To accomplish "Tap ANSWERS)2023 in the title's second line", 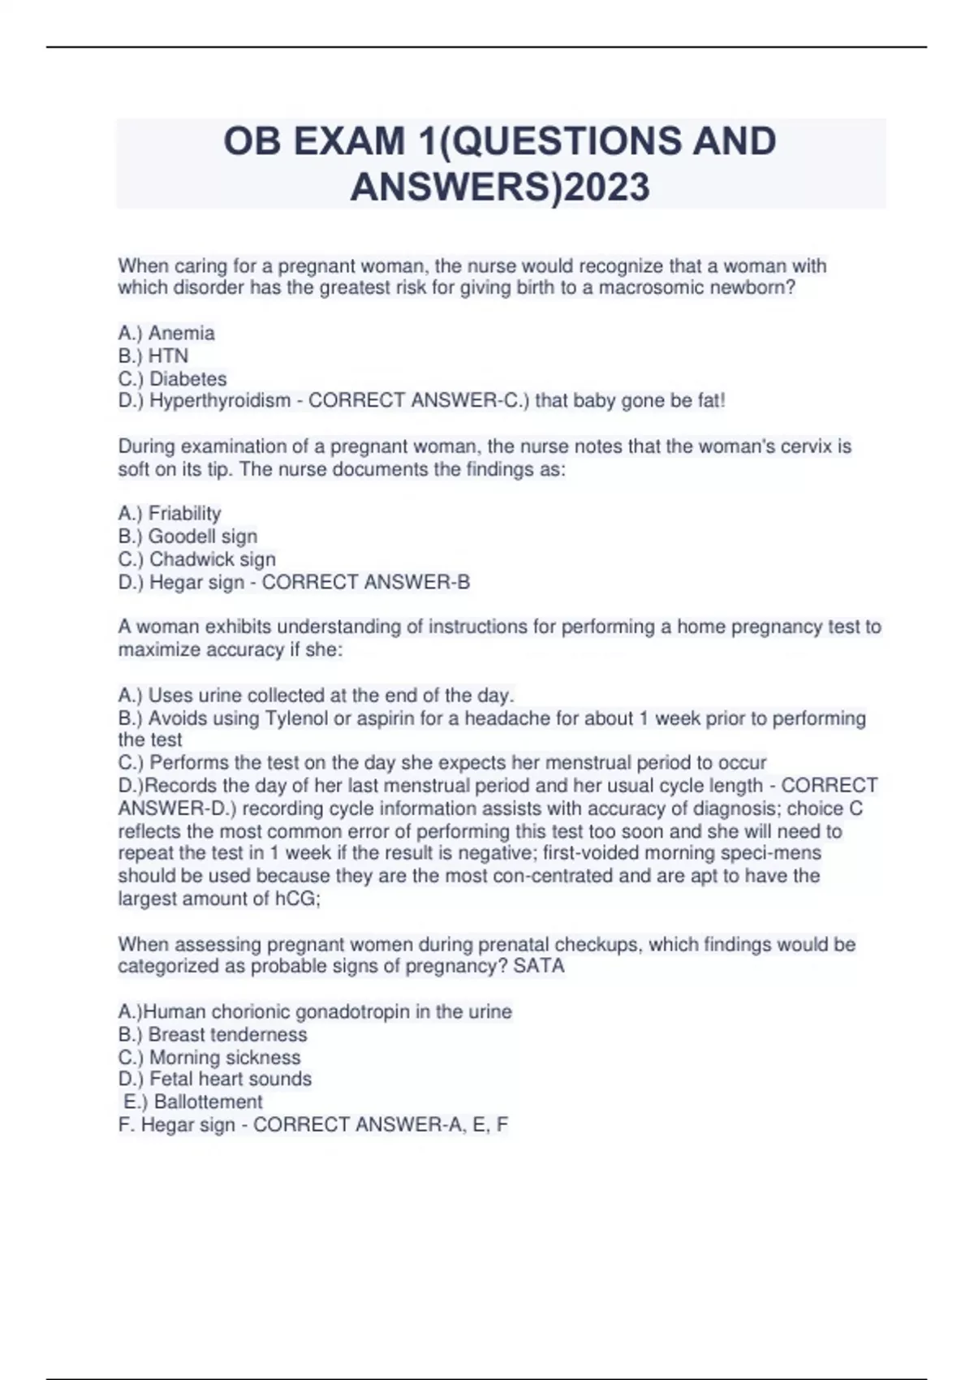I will pos(500,188).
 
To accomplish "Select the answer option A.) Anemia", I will pos(166,333).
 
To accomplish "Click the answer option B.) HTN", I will pos(153,356).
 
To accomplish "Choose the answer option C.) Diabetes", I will pos(172,378).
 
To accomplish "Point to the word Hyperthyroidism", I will pos(219,400).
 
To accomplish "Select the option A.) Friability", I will pos(170,513).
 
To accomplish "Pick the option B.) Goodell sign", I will pos(187,536).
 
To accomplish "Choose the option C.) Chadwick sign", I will pos(196,559).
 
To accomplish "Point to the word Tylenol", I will pos(295,718).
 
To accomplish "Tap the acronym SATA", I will pos(539,966).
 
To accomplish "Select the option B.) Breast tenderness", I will pos(213,1034).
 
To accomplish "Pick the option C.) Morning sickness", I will pos(209,1057).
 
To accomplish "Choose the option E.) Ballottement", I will pos(193,1102).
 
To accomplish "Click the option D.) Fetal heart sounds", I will pos(215,1079).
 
